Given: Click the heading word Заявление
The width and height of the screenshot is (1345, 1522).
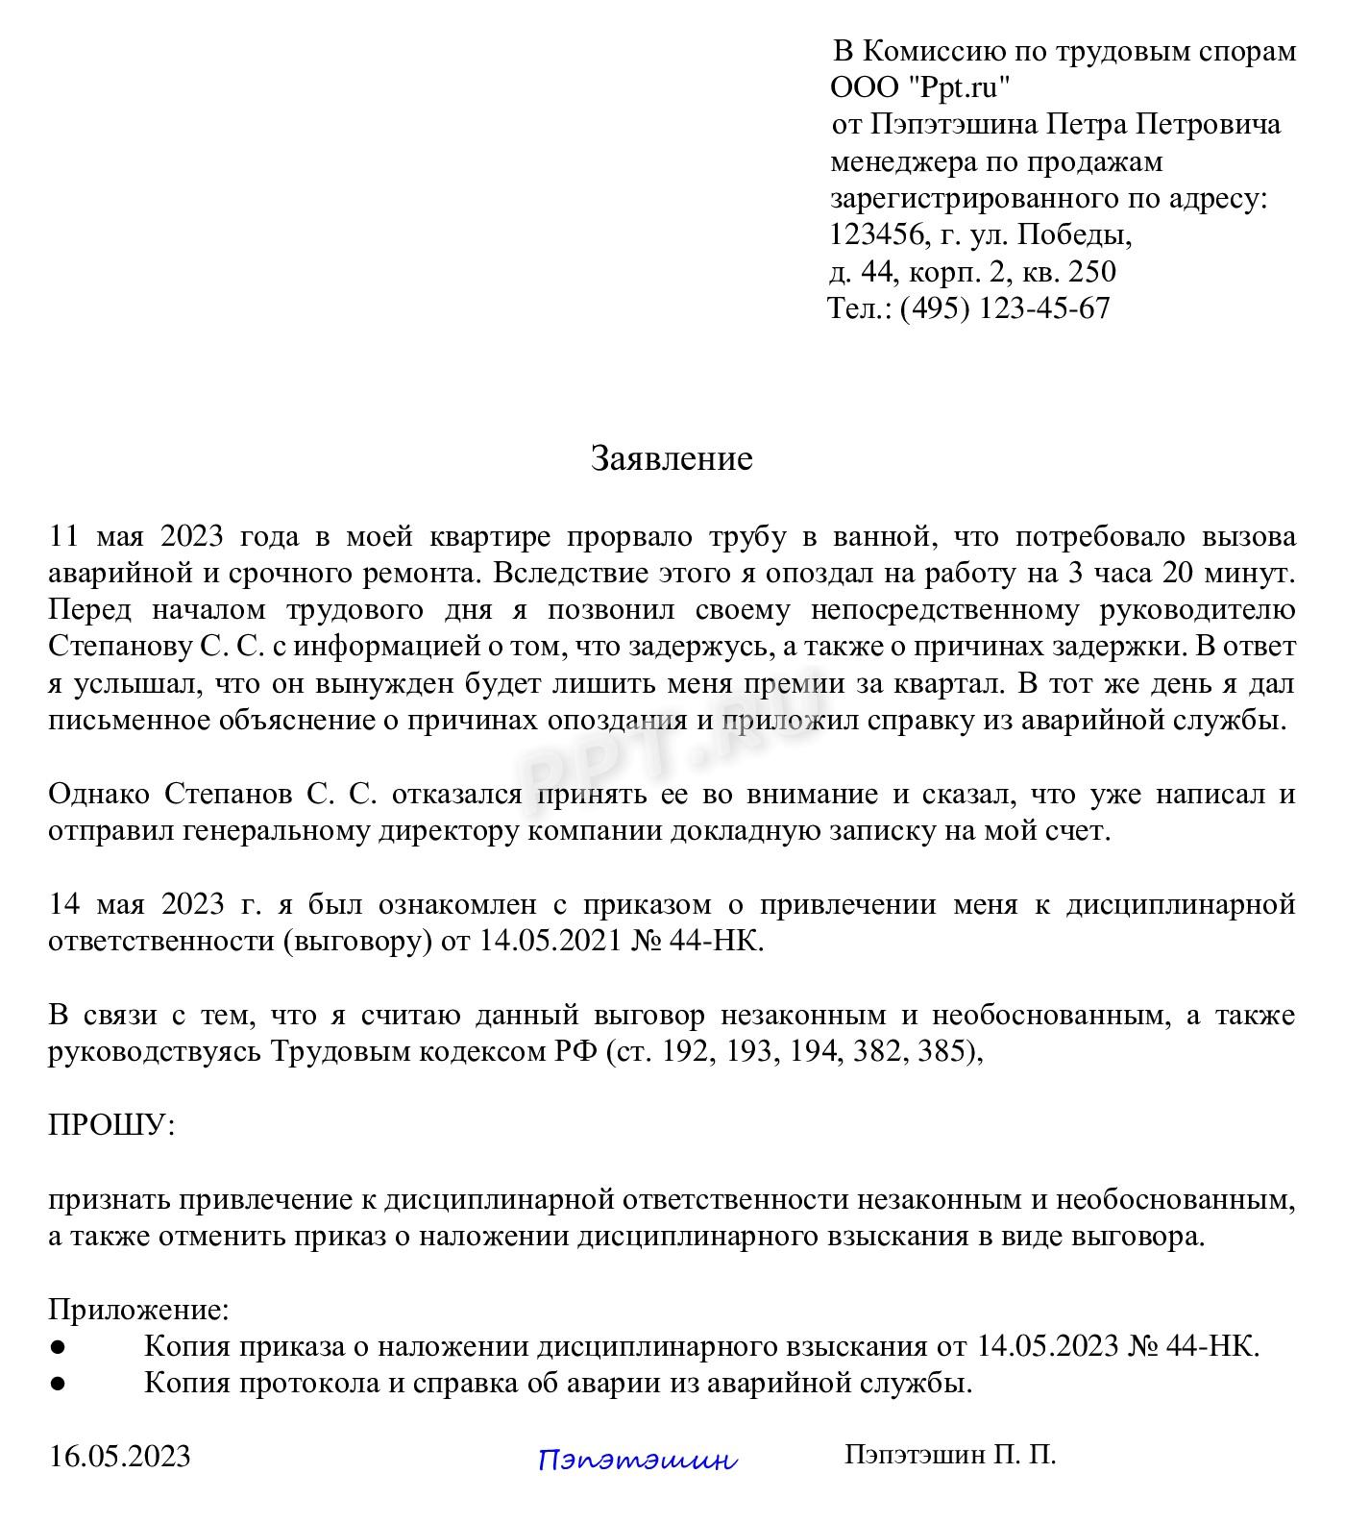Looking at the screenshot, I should [x=671, y=458].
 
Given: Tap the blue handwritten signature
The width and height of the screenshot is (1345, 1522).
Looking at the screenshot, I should [x=638, y=1461].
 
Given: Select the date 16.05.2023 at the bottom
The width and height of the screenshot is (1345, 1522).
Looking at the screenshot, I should [x=120, y=1456].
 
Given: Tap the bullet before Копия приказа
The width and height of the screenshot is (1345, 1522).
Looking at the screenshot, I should [x=58, y=1347].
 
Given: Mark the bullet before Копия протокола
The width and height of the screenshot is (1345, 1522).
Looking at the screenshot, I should [x=58, y=1384].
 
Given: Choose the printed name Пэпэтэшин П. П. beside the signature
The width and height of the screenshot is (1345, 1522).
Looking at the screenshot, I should [x=950, y=1455].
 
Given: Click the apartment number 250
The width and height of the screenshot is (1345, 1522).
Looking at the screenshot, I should [x=1092, y=272].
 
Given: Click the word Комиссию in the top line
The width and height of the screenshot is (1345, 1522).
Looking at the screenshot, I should [x=955, y=51].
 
